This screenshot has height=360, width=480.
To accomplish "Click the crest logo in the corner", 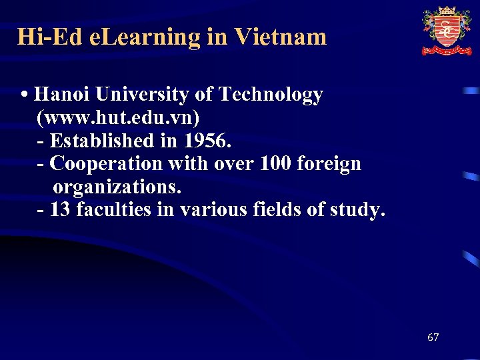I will (x=446, y=31).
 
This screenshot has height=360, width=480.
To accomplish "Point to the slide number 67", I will (x=433, y=337).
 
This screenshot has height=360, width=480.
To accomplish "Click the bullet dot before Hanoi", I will (x=24, y=95).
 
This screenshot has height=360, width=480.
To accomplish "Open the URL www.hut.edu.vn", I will (x=118, y=118).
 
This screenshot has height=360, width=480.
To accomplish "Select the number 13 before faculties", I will (x=61, y=209).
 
